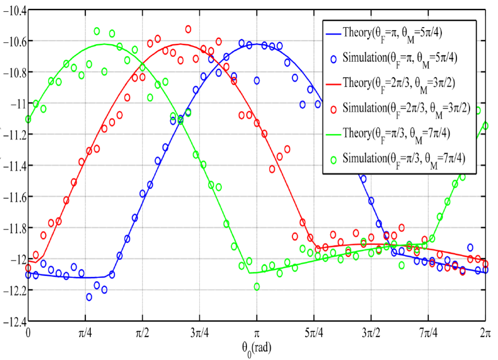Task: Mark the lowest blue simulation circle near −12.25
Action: coord(89,297)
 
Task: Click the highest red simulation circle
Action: coord(188,29)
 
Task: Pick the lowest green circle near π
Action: coord(257,287)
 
